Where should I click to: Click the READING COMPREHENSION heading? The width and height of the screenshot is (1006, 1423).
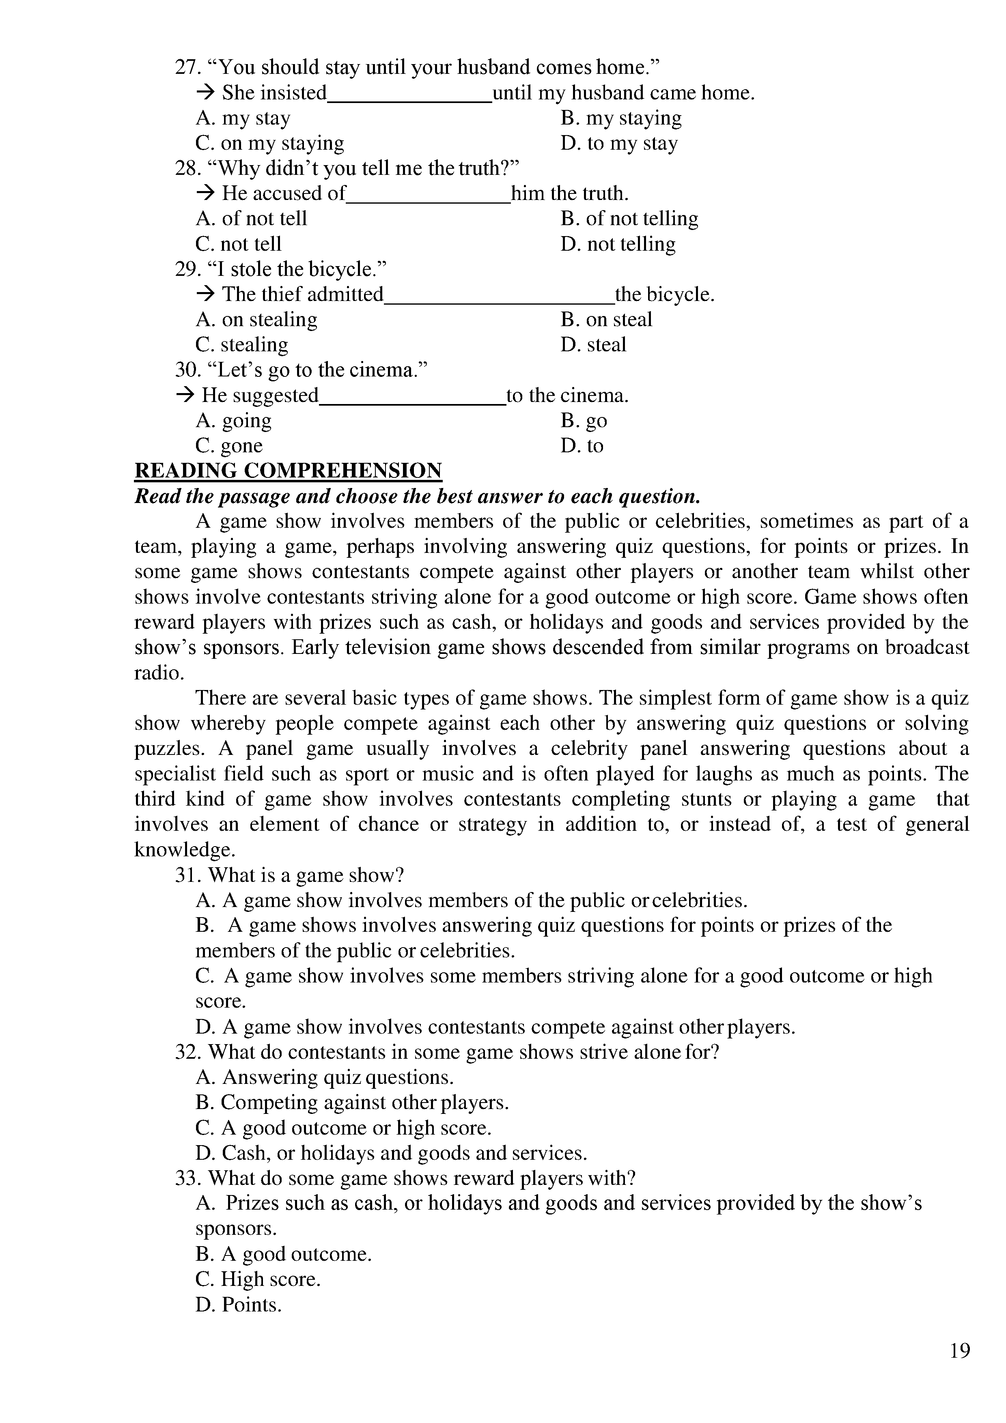[288, 471]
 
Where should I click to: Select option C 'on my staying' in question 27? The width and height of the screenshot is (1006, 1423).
[269, 143]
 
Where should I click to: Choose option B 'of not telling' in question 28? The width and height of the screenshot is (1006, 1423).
[629, 218]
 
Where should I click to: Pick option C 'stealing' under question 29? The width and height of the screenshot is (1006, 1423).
[242, 344]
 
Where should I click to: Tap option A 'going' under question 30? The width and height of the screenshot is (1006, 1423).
[234, 420]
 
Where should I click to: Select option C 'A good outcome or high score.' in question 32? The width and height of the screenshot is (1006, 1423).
[343, 1127]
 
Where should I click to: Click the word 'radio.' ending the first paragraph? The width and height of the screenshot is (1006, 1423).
[159, 673]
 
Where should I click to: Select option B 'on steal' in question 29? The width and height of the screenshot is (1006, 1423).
[606, 319]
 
